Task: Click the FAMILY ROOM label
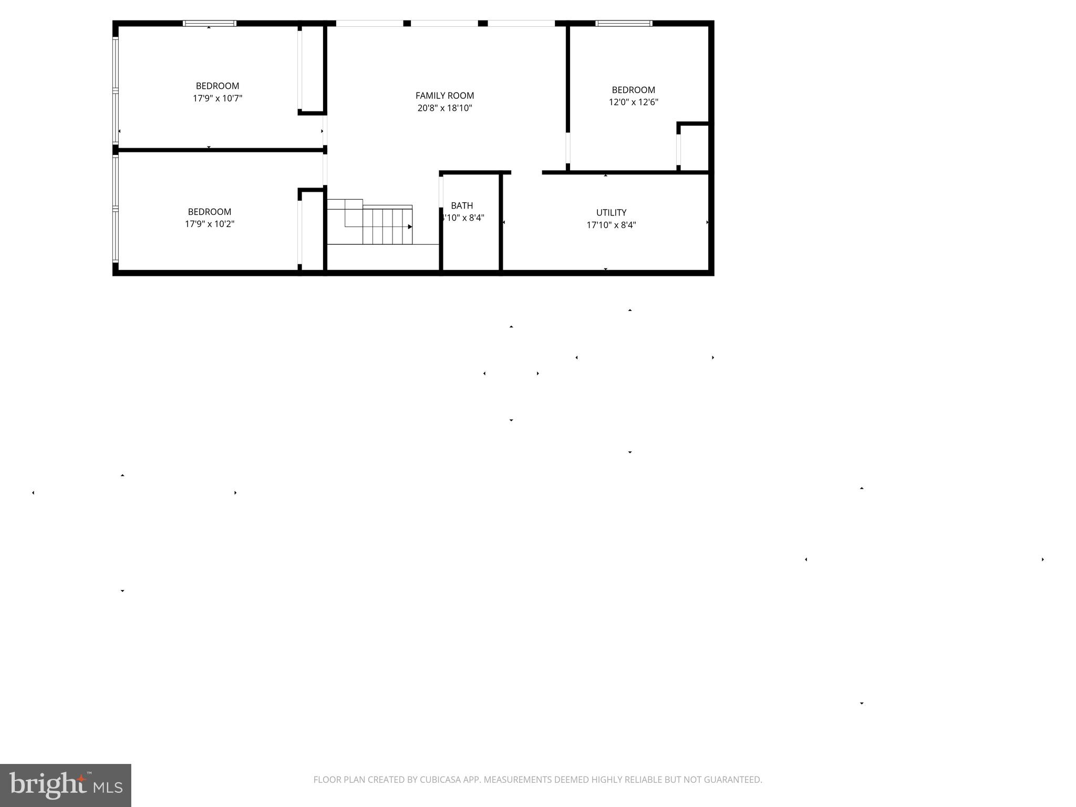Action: point(444,96)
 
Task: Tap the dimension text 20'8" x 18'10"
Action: point(444,108)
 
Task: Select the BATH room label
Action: point(462,206)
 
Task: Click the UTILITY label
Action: point(611,213)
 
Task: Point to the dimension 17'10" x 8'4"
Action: point(611,225)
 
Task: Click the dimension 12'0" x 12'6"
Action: point(633,102)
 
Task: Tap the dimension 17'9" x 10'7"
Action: point(218,98)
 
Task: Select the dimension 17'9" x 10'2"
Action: point(210,224)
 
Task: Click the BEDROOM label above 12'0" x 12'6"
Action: point(633,90)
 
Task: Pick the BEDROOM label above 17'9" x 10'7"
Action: point(218,86)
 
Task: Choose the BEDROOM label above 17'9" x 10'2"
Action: point(210,212)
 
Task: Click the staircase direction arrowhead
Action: point(410,227)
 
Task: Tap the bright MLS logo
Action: point(65,785)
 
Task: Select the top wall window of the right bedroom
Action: point(624,23)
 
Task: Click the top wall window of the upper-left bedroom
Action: point(209,23)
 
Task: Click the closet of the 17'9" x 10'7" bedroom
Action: point(312,68)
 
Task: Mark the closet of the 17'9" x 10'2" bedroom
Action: point(312,231)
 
